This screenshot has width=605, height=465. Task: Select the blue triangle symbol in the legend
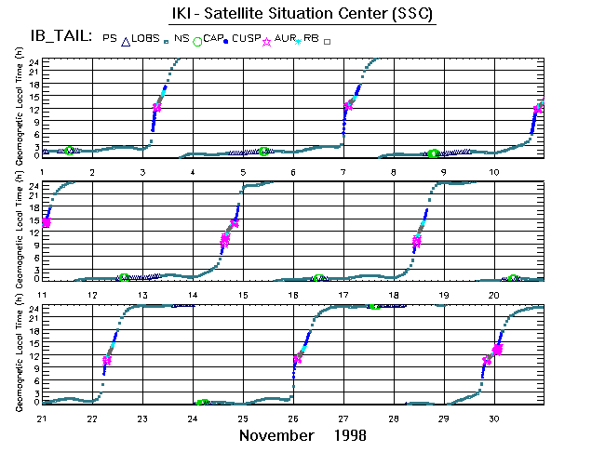[x=126, y=40]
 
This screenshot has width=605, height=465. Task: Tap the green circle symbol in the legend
[x=196, y=40]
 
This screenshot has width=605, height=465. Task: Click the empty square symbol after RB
[x=327, y=41]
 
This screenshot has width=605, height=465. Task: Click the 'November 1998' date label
[x=302, y=435]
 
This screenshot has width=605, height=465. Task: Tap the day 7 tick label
[x=343, y=172]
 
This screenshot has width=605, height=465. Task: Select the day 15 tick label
[x=243, y=296]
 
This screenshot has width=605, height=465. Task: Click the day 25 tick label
[x=243, y=419]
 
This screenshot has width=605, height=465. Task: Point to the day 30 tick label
[x=494, y=419]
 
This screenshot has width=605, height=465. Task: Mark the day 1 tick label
[x=43, y=172]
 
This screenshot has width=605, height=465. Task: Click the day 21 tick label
[x=42, y=419]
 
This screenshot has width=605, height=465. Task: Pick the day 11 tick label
[x=42, y=296]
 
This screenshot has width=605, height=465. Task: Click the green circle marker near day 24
[x=201, y=403]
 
